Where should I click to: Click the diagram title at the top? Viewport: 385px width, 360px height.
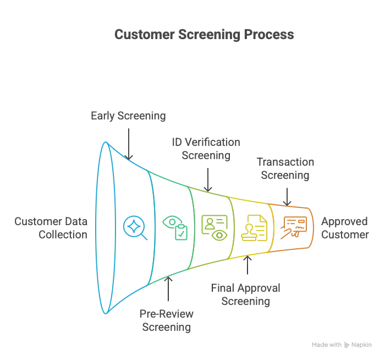point(204,34)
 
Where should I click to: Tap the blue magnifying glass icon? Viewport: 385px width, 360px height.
point(135,228)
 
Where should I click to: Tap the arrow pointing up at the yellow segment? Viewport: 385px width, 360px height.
point(248,267)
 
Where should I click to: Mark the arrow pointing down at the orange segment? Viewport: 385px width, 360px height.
point(288,194)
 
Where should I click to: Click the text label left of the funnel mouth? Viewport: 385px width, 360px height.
point(50,228)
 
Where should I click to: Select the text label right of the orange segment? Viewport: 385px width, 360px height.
point(345,228)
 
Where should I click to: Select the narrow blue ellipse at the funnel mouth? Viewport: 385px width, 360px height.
point(105,228)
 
